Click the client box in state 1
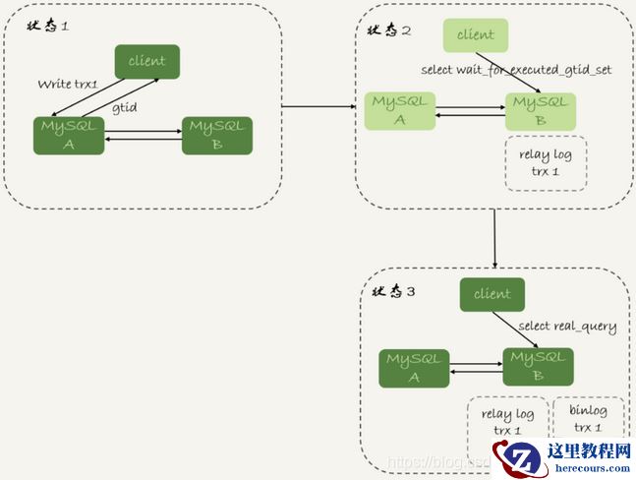(x=147, y=61)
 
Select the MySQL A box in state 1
(x=68, y=136)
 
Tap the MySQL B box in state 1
(x=217, y=136)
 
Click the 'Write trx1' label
(x=68, y=85)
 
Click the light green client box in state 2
(x=476, y=35)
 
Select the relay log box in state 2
(x=545, y=163)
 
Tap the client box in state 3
(x=491, y=294)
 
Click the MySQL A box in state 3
(x=414, y=368)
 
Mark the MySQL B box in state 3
(x=538, y=368)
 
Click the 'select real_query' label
(x=567, y=327)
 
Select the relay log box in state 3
(x=507, y=421)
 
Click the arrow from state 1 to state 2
(x=318, y=103)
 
